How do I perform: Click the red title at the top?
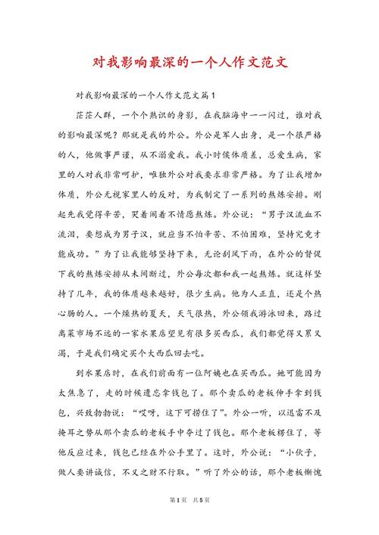click(x=189, y=61)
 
